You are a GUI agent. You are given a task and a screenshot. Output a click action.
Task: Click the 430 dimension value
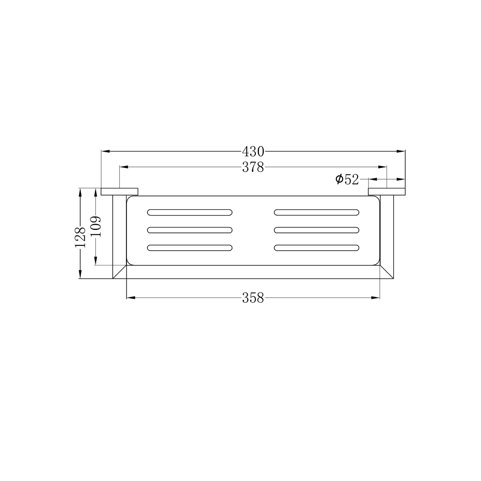[253, 151]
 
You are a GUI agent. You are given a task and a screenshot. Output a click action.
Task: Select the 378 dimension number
[253, 167]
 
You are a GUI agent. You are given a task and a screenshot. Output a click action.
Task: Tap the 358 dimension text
[253, 298]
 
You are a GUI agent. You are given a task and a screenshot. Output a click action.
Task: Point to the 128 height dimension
[80, 237]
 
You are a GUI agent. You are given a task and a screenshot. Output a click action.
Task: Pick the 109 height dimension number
[96, 226]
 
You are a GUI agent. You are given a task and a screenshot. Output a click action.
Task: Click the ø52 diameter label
[347, 179]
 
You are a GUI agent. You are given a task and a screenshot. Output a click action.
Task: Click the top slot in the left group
[190, 212]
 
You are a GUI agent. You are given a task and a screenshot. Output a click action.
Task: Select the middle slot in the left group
[190, 230]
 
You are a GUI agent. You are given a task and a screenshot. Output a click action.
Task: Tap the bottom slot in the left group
[190, 248]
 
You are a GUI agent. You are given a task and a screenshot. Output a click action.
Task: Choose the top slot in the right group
[317, 212]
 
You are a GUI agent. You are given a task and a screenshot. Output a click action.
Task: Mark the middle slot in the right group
[317, 230]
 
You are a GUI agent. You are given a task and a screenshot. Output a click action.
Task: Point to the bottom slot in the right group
[317, 248]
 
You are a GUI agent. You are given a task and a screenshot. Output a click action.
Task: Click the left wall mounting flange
[120, 192]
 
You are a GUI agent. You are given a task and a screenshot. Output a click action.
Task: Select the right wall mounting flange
[387, 192]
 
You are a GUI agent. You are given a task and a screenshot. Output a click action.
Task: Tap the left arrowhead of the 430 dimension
[105, 151]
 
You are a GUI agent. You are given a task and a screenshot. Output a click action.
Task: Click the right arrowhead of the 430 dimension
[402, 151]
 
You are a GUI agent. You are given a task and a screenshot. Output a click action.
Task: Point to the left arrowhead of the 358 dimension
[130, 298]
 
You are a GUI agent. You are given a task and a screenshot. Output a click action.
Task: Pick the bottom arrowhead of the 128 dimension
[80, 275]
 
